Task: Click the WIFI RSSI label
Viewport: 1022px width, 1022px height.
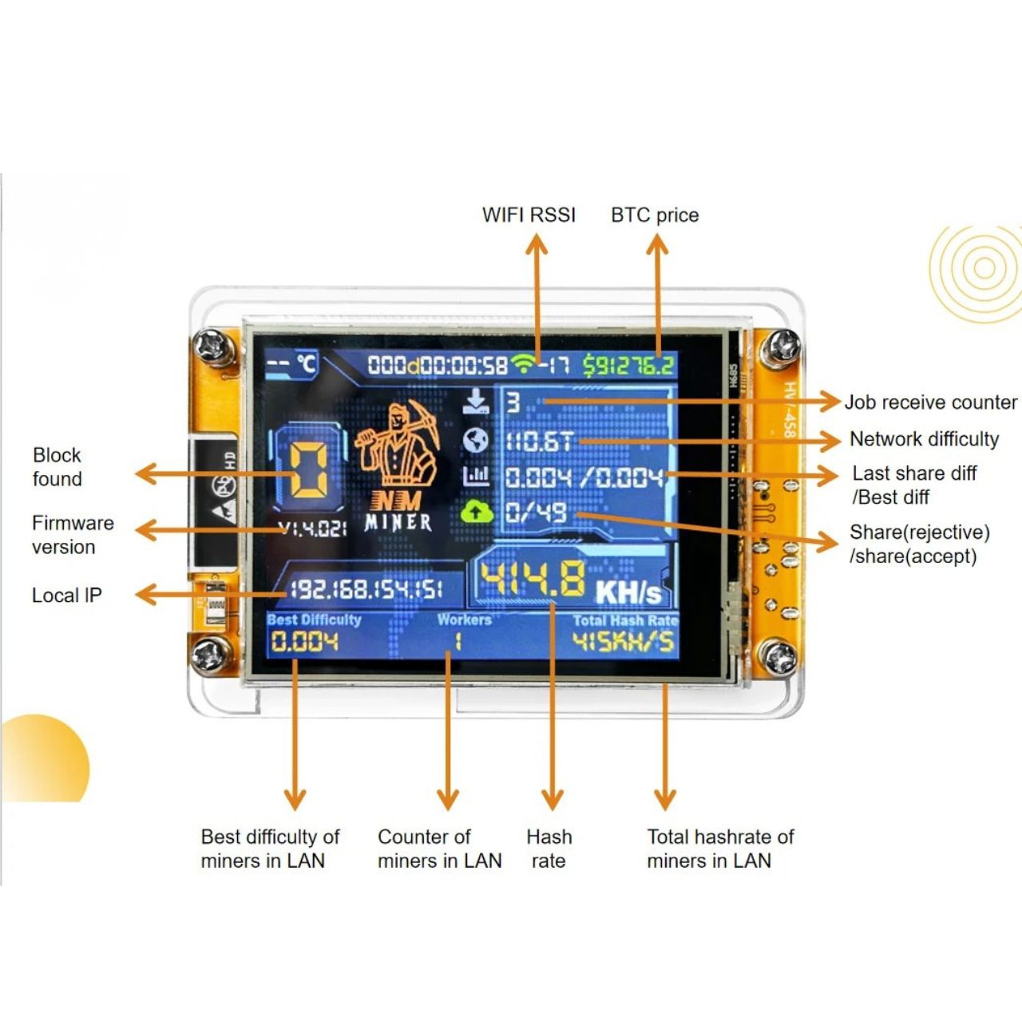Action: (x=529, y=215)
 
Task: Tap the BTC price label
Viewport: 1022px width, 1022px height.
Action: (x=655, y=215)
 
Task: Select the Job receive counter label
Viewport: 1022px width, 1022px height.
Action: (x=931, y=402)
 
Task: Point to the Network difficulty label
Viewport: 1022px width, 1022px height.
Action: (x=924, y=439)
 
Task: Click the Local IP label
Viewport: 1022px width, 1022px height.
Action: (x=67, y=596)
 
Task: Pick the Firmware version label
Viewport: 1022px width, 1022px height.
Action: (x=73, y=535)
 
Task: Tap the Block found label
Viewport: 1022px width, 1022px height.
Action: (x=57, y=467)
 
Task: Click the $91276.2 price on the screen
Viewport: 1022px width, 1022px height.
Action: (x=628, y=366)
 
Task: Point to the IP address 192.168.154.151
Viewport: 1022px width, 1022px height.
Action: (x=366, y=590)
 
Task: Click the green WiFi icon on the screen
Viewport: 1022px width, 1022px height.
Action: (x=524, y=364)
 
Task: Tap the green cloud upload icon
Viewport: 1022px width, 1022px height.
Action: (x=477, y=511)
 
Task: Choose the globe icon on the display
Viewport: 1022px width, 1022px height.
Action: (x=475, y=439)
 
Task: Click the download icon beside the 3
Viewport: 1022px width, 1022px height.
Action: (x=475, y=401)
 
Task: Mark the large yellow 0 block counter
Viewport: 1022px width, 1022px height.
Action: (x=306, y=471)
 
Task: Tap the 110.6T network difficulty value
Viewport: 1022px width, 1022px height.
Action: (x=539, y=441)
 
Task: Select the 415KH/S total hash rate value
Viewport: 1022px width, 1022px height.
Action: (x=624, y=642)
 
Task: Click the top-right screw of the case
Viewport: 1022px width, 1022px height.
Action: (x=780, y=348)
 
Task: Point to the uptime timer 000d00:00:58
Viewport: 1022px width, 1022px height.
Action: (x=438, y=366)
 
